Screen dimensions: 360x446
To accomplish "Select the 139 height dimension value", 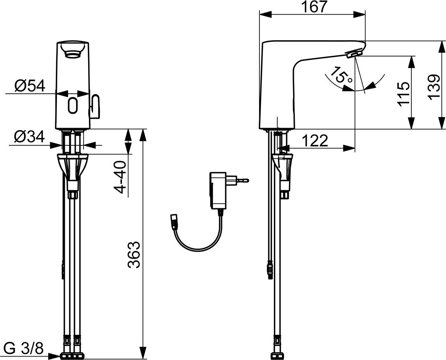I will pos(434,87).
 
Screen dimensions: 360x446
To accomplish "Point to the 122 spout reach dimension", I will pos(315,141).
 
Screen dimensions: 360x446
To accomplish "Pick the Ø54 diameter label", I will pos(30,86).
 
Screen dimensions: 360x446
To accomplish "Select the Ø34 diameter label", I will pos(29,137).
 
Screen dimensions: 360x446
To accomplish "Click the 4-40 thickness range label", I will pos(120,177).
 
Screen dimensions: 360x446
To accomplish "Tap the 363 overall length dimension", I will pos(134,255).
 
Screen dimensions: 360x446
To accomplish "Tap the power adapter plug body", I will pos(218,190).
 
